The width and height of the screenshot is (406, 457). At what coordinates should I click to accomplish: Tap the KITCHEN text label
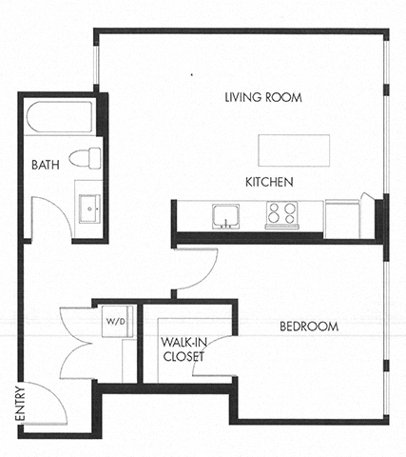pos(269,182)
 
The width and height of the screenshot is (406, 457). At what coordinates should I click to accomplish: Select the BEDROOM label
pos(309,328)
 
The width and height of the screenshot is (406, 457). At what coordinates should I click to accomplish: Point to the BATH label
pos(45,165)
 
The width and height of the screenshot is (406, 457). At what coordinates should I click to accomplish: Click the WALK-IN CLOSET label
pos(184,349)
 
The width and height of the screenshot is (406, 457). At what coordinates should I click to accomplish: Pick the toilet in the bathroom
pos(87,156)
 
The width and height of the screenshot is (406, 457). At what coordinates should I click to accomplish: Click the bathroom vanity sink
pos(90,205)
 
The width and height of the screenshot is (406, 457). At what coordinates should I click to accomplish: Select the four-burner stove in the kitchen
pos(280,214)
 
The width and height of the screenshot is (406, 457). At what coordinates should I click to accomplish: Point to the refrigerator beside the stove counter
pos(342,217)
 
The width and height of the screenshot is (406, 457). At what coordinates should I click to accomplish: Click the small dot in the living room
pos(191,72)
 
